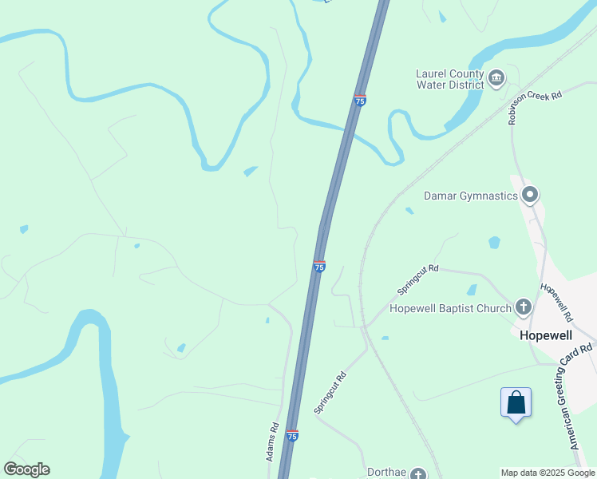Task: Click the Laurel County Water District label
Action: [449, 80]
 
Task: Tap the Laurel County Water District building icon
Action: [496, 77]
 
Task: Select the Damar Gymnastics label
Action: [471, 196]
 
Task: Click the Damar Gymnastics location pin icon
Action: [530, 194]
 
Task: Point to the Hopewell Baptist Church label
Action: [450, 308]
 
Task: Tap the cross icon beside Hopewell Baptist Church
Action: [523, 306]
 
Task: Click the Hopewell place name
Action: [548, 336]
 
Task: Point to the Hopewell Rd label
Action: [557, 302]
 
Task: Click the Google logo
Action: [26, 469]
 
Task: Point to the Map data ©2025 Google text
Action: [548, 473]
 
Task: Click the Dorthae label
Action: [387, 472]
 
